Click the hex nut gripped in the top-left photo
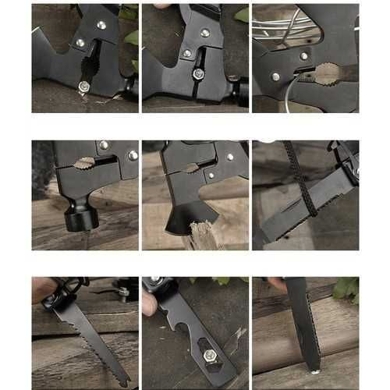83,86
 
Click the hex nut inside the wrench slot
210,357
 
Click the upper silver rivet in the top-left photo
101,25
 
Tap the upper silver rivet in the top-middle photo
204,33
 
